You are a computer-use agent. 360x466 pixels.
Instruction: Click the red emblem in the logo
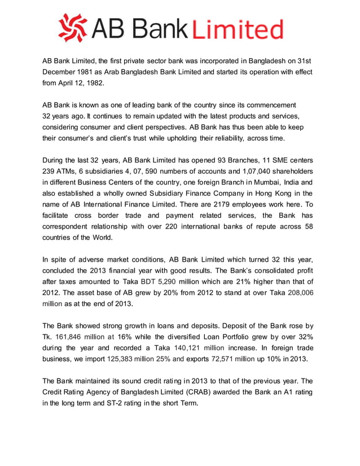72,28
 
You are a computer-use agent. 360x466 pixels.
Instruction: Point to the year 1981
92,72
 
